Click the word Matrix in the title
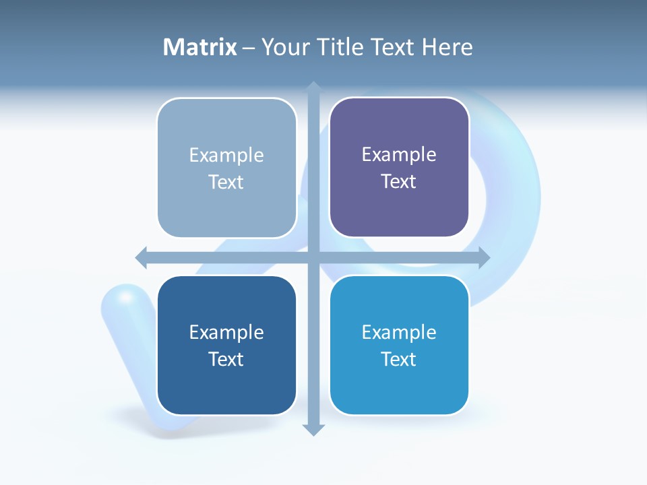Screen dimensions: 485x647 pyautogui.click(x=199, y=47)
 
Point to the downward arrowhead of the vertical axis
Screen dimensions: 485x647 pyautogui.click(x=313, y=429)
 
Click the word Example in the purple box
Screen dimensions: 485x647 pyautogui.click(x=399, y=154)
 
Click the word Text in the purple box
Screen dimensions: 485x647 pyautogui.click(x=399, y=181)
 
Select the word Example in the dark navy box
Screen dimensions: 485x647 pyautogui.click(x=226, y=332)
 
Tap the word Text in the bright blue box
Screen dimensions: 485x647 pyautogui.click(x=399, y=359)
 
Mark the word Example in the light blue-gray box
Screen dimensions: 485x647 pyautogui.click(x=226, y=155)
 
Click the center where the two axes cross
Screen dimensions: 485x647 pyautogui.click(x=313, y=257)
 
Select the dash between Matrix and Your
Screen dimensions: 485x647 pyautogui.click(x=249, y=48)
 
